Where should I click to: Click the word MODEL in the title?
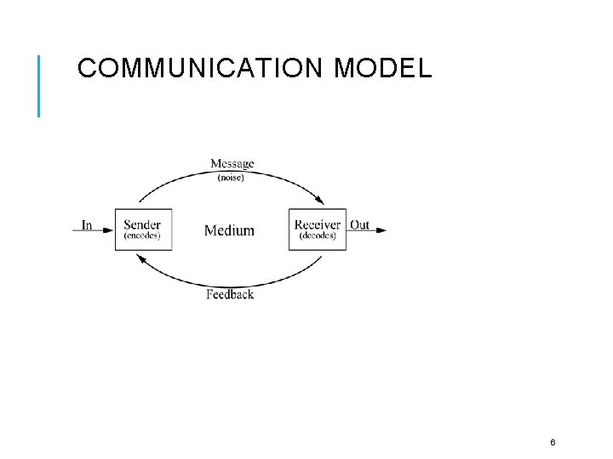click(383, 68)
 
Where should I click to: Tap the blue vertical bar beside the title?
click(38, 85)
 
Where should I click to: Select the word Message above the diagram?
click(232, 164)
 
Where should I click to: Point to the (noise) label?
click(231, 178)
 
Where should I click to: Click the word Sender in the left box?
click(142, 224)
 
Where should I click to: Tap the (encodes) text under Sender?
click(142, 236)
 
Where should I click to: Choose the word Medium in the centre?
click(229, 230)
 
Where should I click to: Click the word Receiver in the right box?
click(318, 224)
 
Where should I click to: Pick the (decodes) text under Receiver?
click(318, 236)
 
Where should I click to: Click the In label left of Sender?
click(87, 225)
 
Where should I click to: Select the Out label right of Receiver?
click(360, 225)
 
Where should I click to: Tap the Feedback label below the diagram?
click(230, 295)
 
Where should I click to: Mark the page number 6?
click(553, 442)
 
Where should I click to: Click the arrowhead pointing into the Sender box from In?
click(109, 229)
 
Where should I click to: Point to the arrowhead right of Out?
click(381, 229)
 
